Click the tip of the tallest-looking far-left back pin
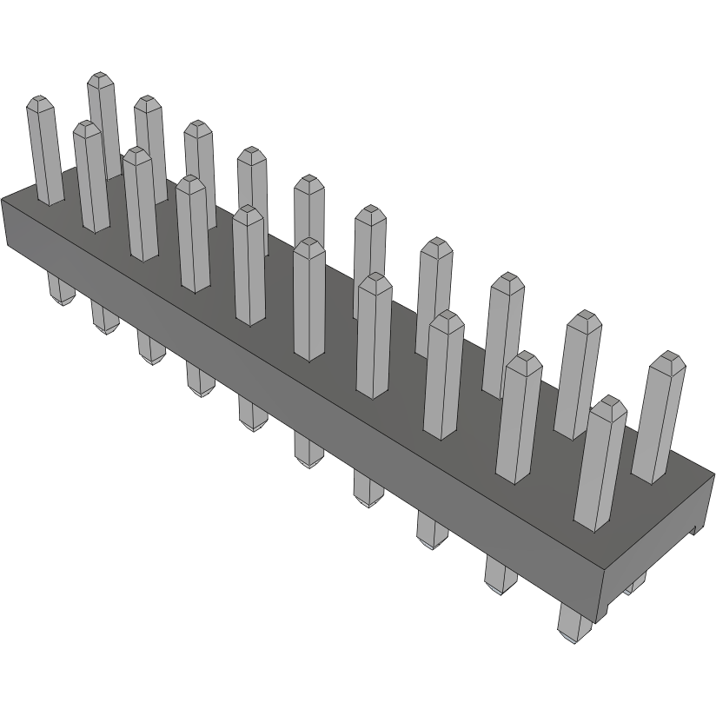pos(103,78)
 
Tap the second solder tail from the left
pos(103,319)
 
